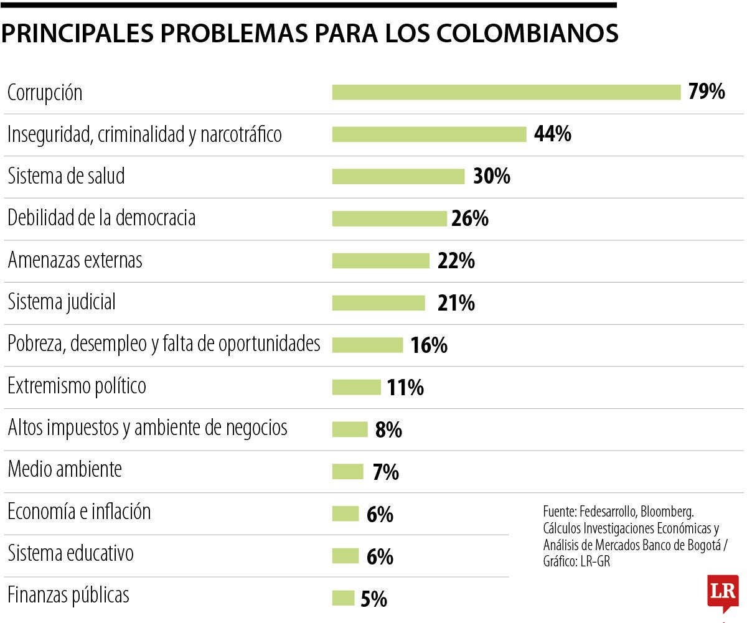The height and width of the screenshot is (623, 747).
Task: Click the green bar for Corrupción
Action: [x=506, y=92]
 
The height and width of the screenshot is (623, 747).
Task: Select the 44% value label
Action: [x=553, y=134]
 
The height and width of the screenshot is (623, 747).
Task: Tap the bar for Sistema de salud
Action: [x=398, y=176]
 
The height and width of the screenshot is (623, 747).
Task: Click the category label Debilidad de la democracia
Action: [x=101, y=218]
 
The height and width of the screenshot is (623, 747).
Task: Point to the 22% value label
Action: [x=456, y=261]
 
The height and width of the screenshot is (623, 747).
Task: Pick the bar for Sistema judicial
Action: [x=378, y=302]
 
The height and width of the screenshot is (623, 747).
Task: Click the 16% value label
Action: [x=429, y=345]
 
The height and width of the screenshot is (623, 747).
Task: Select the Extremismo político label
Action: [x=77, y=386]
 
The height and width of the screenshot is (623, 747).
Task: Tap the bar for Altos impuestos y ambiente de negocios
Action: [x=350, y=429]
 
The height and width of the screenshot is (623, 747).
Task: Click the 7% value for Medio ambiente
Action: [x=386, y=472]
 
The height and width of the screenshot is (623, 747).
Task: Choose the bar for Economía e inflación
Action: [x=345, y=513]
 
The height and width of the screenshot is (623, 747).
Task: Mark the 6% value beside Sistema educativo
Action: [x=380, y=556]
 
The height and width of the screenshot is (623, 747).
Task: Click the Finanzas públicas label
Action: [x=68, y=595]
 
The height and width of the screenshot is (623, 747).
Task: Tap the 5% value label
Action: [x=374, y=599]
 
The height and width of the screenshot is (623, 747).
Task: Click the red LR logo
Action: [x=723, y=591]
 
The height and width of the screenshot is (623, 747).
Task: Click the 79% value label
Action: [x=707, y=92]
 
